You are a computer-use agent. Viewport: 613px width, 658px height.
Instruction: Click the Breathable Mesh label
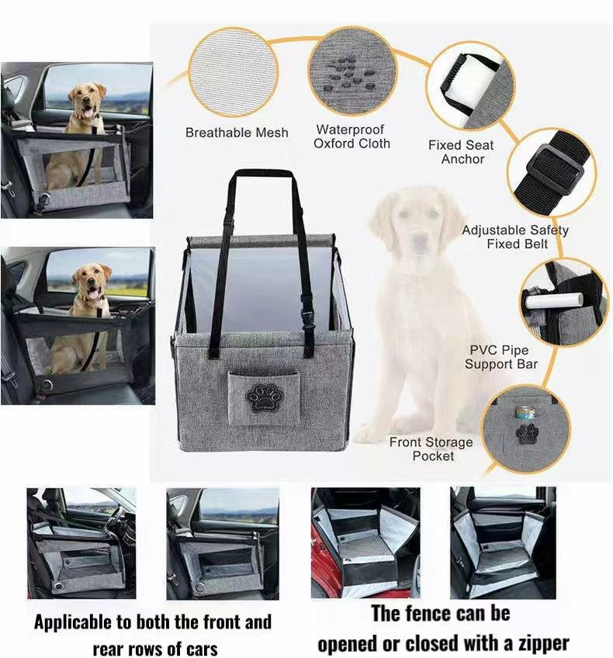pos(237,133)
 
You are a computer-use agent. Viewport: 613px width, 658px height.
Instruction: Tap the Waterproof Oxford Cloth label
pos(352,137)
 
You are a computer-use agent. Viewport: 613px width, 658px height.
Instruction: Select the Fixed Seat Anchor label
pos(461,152)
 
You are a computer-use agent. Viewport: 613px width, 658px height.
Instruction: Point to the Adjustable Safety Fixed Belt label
pos(515,237)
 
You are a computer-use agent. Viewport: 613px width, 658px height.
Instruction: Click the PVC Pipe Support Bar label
pos(501,357)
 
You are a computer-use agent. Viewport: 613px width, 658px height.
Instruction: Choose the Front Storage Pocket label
pos(431,448)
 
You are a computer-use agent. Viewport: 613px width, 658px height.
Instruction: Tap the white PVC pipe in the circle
pos(554,300)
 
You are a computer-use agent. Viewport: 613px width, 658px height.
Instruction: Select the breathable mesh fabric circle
pos(234,71)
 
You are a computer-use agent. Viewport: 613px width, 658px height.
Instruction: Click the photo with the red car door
pos(365,542)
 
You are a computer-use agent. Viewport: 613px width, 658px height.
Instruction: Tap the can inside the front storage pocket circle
pos(525,414)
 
